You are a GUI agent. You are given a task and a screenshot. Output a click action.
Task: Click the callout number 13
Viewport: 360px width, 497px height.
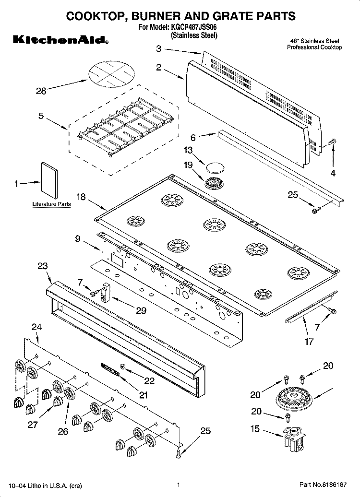(x=188, y=150)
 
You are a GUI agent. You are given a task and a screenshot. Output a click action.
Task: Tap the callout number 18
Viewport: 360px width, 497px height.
(x=81, y=197)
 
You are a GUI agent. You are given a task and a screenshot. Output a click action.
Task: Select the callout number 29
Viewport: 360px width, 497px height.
(x=141, y=311)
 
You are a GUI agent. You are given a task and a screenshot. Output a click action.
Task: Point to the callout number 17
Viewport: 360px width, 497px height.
(x=309, y=342)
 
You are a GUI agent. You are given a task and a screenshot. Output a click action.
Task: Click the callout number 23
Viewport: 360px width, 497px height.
(x=43, y=266)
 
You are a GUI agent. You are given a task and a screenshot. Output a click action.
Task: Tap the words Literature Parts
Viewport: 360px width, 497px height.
(x=51, y=204)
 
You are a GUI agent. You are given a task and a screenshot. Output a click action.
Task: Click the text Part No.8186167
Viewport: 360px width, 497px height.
(x=323, y=485)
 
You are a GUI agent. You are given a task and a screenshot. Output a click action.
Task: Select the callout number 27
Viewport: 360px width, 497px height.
(x=33, y=425)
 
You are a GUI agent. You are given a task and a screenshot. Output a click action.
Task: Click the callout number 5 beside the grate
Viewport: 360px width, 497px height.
(x=41, y=116)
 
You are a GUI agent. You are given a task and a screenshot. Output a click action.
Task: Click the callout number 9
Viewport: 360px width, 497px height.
(x=78, y=239)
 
